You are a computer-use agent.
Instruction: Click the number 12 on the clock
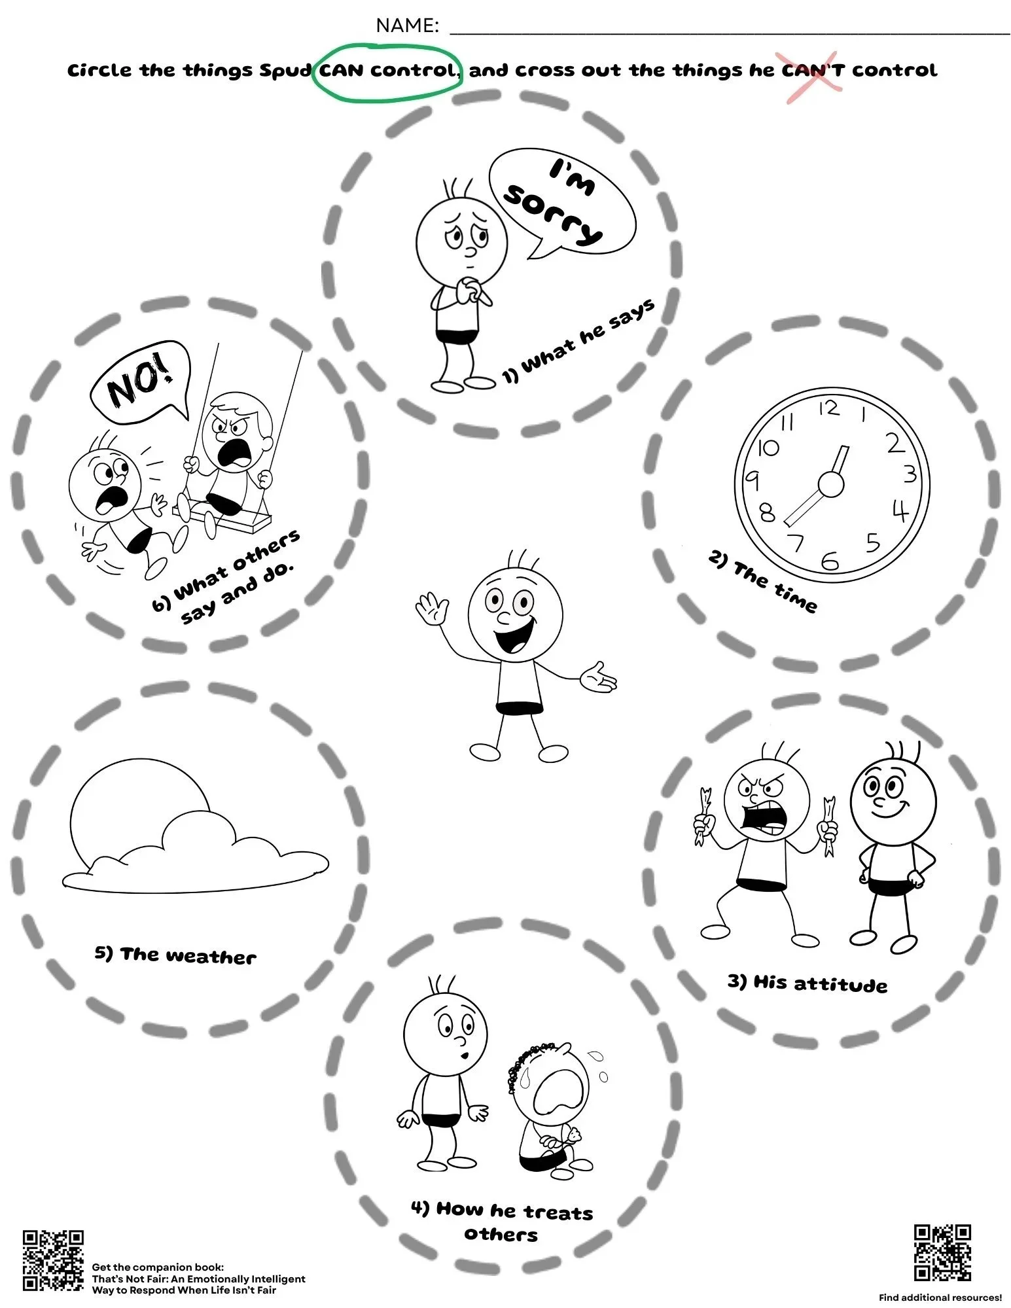click(828, 409)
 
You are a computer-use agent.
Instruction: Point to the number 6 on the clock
click(830, 561)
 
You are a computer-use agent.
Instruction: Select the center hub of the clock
click(830, 484)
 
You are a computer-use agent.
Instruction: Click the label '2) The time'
click(763, 581)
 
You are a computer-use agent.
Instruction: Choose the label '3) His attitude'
click(807, 983)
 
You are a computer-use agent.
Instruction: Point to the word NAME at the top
click(407, 26)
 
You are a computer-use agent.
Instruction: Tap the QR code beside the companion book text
click(54, 1260)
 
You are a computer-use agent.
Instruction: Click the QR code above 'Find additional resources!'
click(943, 1252)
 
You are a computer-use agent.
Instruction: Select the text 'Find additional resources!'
click(940, 1298)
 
